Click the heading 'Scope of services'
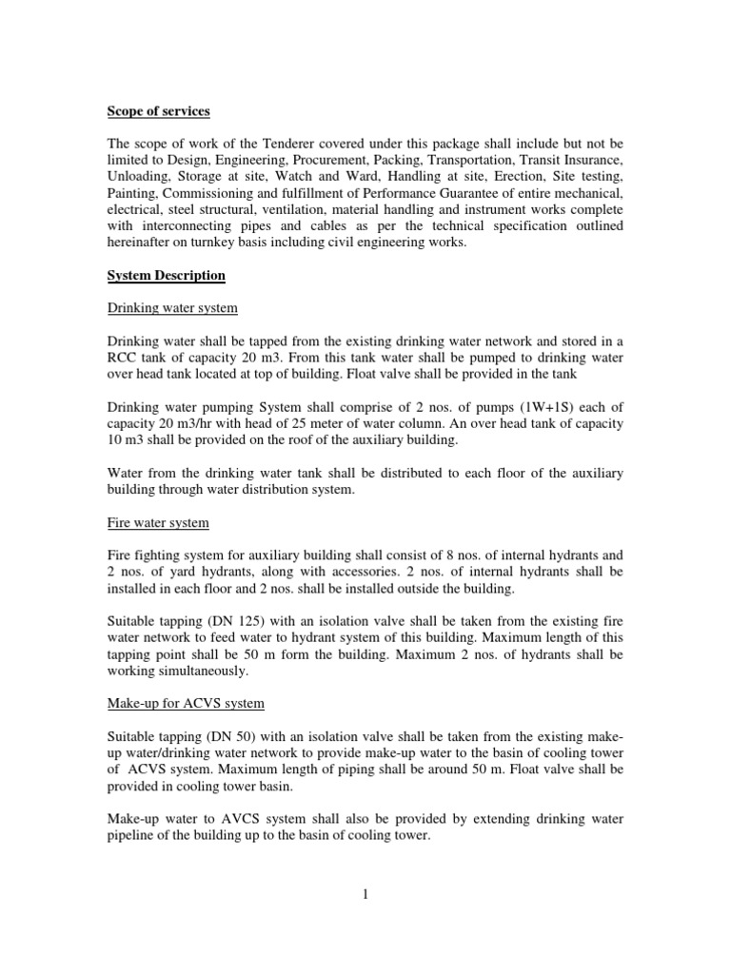(x=156, y=112)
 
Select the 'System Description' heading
(x=166, y=276)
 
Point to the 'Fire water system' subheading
(x=157, y=523)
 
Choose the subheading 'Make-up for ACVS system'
(x=185, y=703)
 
